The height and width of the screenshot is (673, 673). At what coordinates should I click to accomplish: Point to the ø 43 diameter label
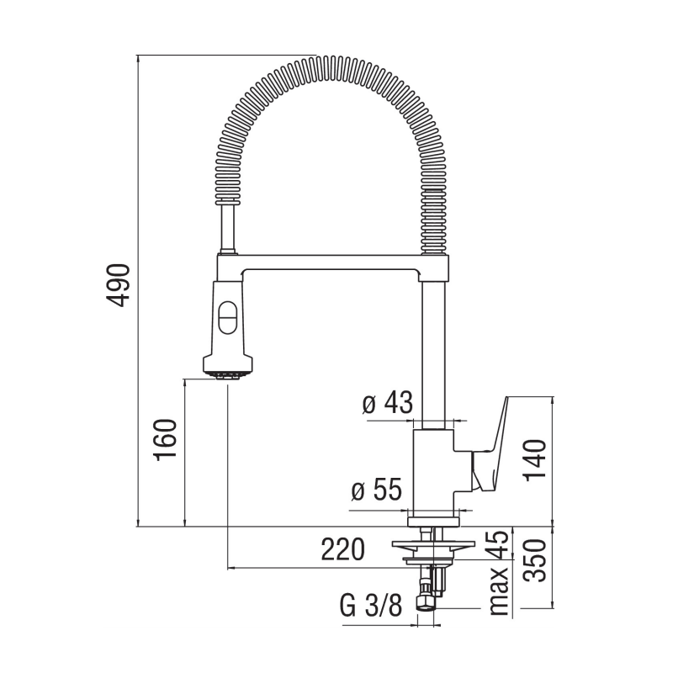(x=388, y=405)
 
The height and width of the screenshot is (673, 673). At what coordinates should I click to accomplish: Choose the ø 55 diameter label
(x=375, y=490)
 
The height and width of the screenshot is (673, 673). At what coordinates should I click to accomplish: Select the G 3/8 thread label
(x=370, y=606)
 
